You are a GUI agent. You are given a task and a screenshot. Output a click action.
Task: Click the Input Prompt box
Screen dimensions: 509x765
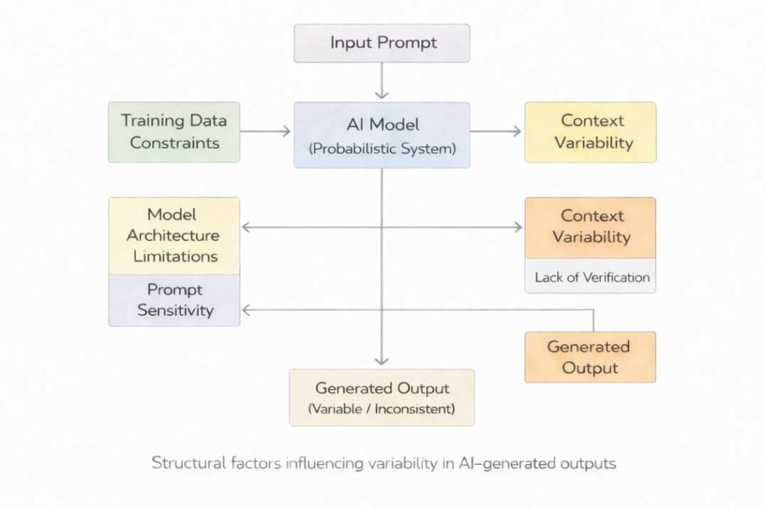click(382, 43)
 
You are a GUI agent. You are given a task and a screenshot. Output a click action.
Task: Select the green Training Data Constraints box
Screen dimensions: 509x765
click(174, 132)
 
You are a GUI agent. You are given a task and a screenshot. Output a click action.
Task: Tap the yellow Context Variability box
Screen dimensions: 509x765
click(590, 132)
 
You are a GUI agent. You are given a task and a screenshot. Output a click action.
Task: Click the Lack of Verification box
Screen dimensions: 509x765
click(590, 277)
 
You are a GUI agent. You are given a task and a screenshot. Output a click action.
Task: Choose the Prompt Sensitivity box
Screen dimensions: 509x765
click(174, 300)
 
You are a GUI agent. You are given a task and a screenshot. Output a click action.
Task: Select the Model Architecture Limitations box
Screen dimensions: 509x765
click(174, 235)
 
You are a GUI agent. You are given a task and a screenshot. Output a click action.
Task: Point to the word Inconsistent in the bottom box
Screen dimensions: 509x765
click(413, 409)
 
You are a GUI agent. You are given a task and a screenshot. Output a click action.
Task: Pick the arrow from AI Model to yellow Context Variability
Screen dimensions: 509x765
click(497, 131)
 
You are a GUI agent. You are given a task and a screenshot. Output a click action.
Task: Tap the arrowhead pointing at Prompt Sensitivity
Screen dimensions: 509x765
click(246, 310)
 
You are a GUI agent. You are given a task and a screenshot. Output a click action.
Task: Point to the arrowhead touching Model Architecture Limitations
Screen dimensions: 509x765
click(246, 227)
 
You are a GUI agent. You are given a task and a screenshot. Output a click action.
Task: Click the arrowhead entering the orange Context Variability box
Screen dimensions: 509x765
click(518, 227)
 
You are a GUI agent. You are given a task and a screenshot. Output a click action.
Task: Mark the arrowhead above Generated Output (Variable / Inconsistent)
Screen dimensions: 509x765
click(382, 362)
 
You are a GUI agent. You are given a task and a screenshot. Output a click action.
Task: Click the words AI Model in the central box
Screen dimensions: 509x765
click(382, 125)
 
